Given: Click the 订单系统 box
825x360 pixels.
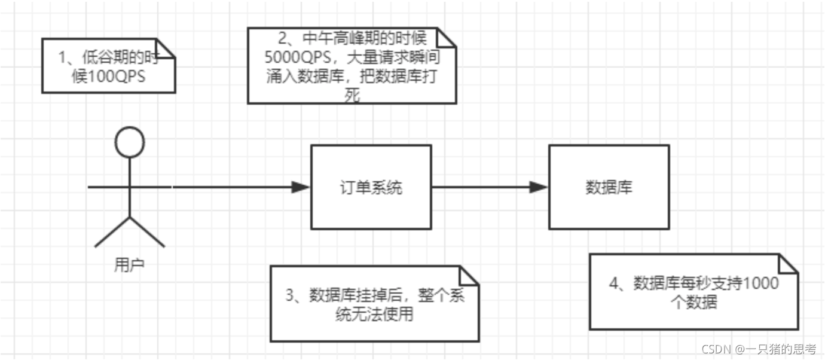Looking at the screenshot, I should [x=371, y=187].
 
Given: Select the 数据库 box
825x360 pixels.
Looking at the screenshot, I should [x=609, y=187].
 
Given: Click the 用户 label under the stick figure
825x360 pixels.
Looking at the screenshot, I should [x=129, y=264].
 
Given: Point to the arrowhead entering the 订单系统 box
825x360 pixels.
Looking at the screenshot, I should [x=301, y=187].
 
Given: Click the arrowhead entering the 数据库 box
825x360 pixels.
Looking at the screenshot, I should [x=539, y=187].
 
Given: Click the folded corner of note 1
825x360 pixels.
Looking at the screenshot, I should [x=166, y=48].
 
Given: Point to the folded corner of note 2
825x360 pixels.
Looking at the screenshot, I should [x=447, y=36].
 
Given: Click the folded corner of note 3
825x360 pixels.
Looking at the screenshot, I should [x=469, y=276].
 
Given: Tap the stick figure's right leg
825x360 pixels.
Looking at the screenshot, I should [x=148, y=232].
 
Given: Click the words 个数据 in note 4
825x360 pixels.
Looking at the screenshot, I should [x=694, y=302].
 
